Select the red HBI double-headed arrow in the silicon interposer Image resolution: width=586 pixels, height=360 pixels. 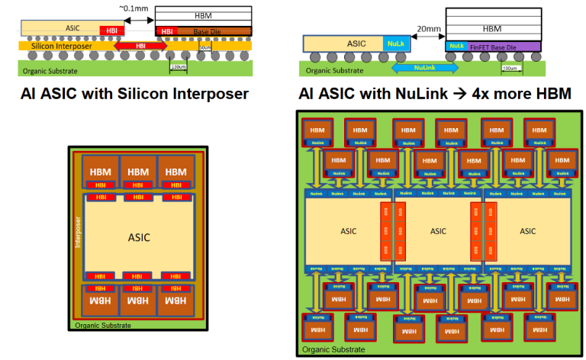140,46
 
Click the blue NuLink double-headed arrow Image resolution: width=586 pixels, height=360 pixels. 426,68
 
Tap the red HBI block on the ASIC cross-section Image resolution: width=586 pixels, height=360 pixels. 111,29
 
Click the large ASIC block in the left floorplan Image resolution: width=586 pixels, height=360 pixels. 140,236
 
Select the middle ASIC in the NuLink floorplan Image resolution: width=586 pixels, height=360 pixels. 438,230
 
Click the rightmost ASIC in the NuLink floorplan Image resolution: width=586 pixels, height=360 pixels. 527,230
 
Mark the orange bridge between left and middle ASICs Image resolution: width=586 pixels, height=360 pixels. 385,231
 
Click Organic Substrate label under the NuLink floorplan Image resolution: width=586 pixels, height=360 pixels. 331,352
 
